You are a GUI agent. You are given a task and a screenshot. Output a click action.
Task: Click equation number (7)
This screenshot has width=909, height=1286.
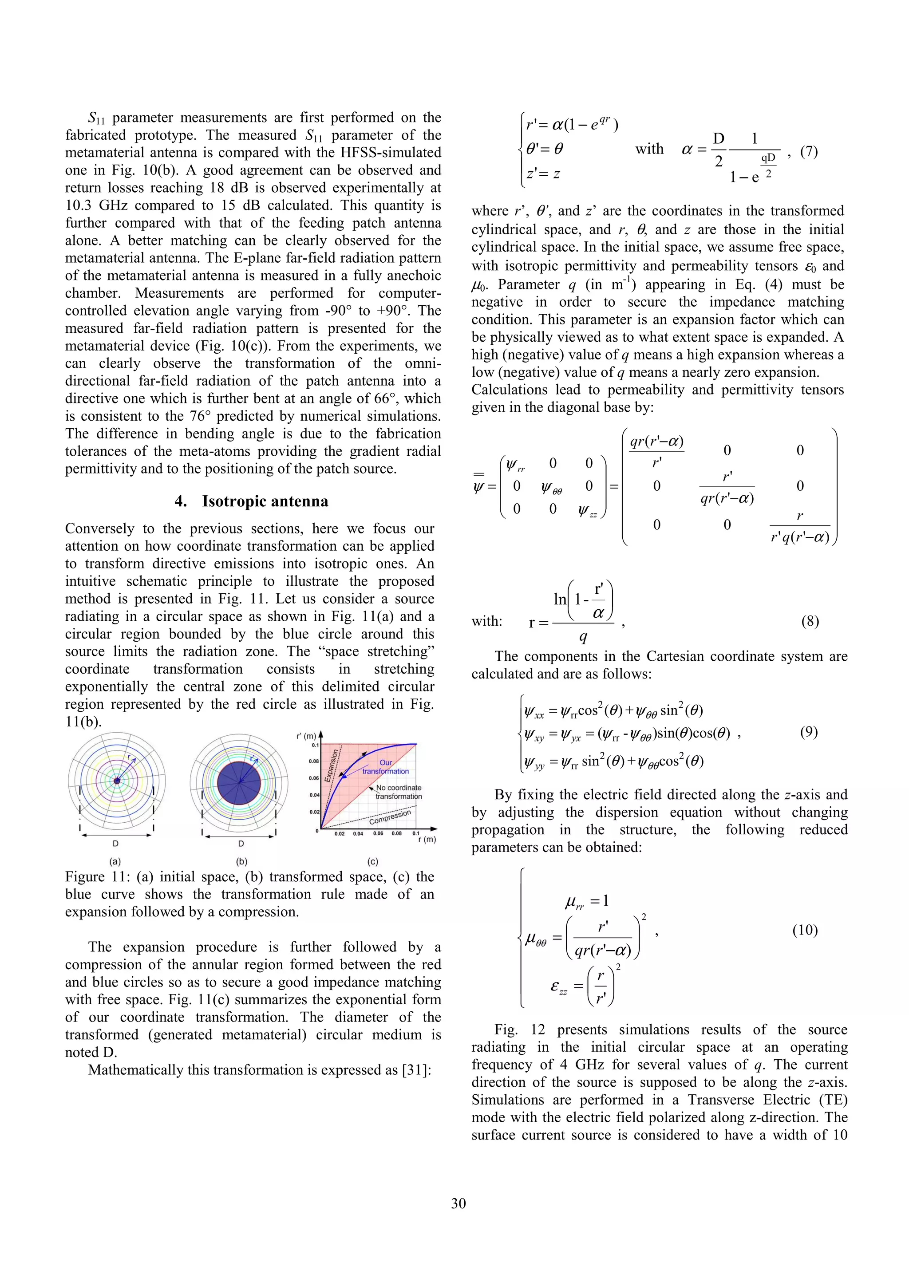click(x=808, y=151)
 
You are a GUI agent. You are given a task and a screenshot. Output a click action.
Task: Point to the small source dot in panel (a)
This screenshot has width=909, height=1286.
click(x=117, y=781)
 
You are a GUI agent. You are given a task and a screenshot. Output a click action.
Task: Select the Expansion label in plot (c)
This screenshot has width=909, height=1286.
click(x=332, y=765)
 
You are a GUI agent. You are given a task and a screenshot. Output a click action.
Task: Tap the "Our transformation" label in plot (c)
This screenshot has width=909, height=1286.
click(x=385, y=767)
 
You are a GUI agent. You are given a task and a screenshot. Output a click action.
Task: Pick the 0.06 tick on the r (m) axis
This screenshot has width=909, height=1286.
click(x=378, y=833)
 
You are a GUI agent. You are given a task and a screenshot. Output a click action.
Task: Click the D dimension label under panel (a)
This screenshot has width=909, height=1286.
click(x=115, y=844)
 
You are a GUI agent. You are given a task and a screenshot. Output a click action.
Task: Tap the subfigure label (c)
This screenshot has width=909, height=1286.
click(x=372, y=861)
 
